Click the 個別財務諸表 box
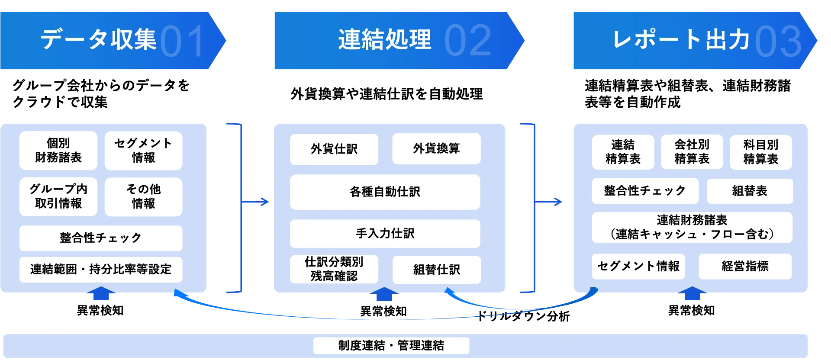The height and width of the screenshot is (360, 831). [x=58, y=151]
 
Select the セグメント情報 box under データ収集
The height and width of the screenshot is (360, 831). [x=143, y=151]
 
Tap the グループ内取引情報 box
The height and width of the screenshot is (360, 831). [x=58, y=196]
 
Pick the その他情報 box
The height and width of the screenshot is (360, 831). [x=143, y=196]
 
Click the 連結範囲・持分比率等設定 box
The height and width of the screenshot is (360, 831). [x=100, y=269]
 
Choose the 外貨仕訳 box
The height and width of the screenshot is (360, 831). [x=334, y=149]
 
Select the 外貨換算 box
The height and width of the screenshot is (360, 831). [x=436, y=148]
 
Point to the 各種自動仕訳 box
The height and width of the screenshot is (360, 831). [x=385, y=192]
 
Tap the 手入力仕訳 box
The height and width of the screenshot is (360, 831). [x=385, y=233]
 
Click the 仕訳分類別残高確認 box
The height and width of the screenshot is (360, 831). [x=334, y=269]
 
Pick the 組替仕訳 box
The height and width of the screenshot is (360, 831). [x=436, y=270]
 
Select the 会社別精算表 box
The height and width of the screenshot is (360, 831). [x=692, y=152]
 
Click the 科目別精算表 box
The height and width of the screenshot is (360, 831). [x=760, y=152]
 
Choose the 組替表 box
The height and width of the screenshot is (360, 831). [x=750, y=191]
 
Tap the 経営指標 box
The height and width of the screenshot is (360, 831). [x=745, y=266]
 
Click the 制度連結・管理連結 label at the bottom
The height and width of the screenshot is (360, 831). [x=391, y=345]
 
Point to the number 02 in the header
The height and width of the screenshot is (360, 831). [x=467, y=41]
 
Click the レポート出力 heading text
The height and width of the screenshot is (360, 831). [x=680, y=40]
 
